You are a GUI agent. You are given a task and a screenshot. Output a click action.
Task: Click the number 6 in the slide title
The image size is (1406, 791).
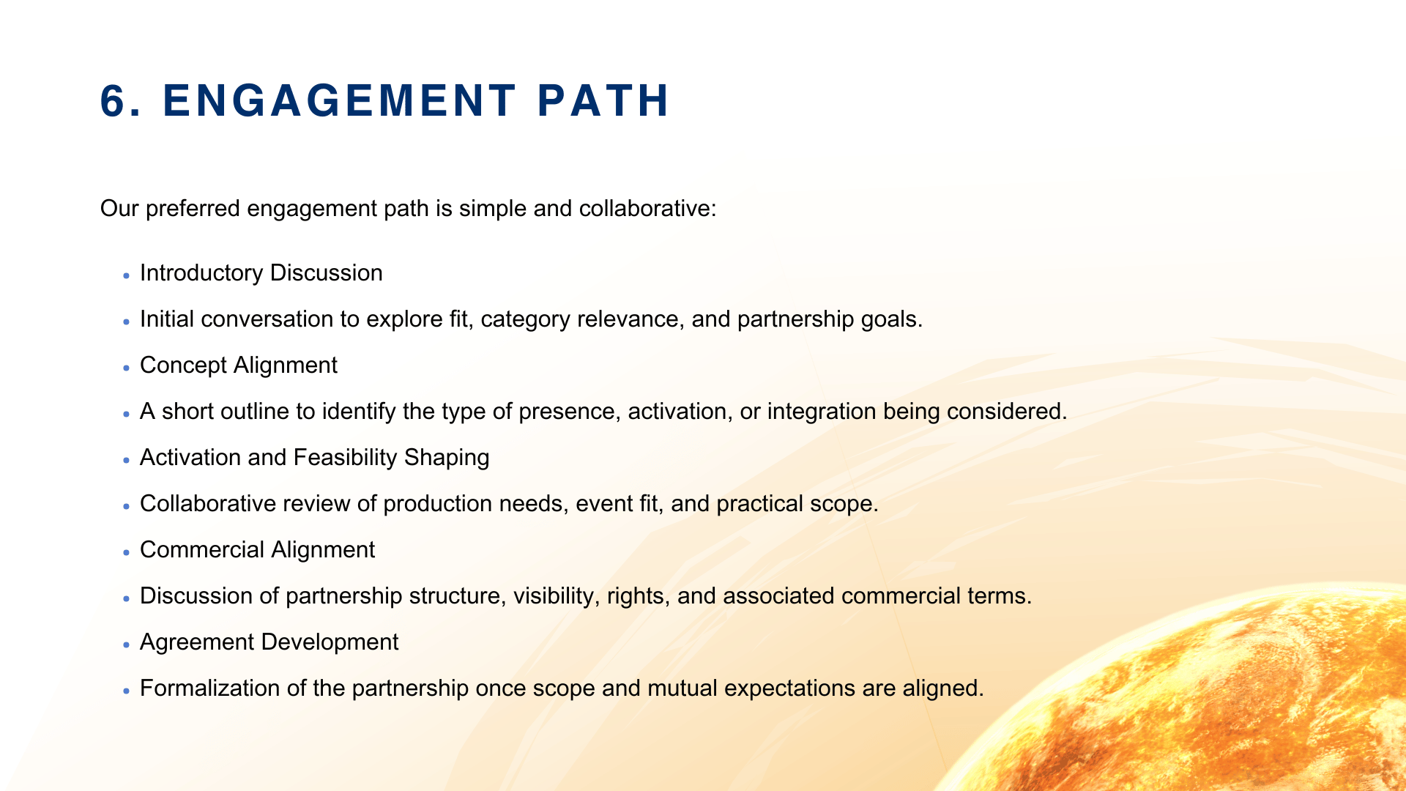pyautogui.click(x=114, y=100)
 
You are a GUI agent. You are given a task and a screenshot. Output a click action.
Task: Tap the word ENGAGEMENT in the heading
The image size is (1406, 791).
pyautogui.click(x=340, y=100)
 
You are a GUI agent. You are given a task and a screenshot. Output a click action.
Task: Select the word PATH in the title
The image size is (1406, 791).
pyautogui.click(x=603, y=100)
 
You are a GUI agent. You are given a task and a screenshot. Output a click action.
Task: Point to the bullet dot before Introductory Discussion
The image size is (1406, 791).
pyautogui.click(x=127, y=276)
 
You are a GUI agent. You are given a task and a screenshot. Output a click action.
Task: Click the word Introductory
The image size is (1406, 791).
pyautogui.click(x=201, y=273)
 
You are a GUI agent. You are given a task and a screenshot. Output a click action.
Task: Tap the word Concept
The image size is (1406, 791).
pyautogui.click(x=184, y=365)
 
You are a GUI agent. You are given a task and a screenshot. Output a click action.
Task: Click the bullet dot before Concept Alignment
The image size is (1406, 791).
pyautogui.click(x=127, y=368)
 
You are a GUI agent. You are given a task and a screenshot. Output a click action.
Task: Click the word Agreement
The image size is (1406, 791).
pyautogui.click(x=198, y=642)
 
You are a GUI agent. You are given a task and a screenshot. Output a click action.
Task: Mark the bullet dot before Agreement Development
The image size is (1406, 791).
pyautogui.click(x=127, y=645)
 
